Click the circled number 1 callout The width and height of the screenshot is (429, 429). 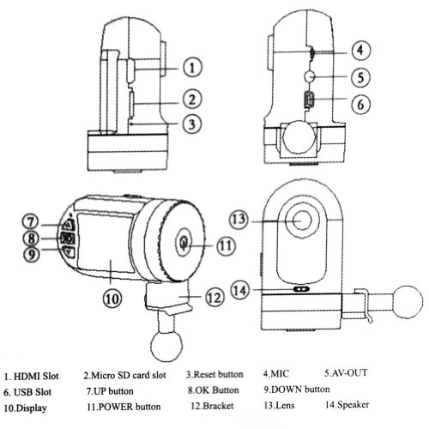192,67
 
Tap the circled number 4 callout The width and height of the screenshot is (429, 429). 360,51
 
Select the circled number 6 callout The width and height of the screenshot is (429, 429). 360,104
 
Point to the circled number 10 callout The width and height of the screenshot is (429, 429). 112,299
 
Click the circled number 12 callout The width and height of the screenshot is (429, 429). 214,298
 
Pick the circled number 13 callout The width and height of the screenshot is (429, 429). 239,220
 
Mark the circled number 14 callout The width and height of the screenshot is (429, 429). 240,291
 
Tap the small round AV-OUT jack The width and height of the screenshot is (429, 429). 310,76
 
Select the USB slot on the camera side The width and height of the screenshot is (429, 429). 309,100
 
